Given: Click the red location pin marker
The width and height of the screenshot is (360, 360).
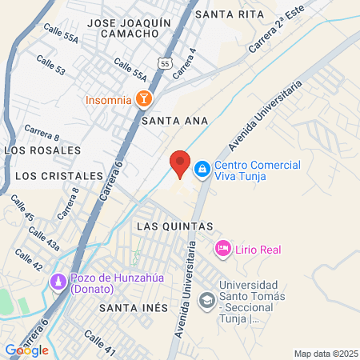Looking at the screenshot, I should click(x=180, y=163).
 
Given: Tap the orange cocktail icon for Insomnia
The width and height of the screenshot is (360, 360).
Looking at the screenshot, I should click(x=143, y=99).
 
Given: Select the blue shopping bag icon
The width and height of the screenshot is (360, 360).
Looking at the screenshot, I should click(x=202, y=168).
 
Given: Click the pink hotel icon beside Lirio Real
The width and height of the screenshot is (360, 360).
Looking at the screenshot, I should click(x=223, y=250).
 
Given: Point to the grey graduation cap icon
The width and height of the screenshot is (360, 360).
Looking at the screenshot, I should click(x=206, y=299).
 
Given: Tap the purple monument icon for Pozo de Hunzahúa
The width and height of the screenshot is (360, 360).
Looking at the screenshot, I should click(x=58, y=282).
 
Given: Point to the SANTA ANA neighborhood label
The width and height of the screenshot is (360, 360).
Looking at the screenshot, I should click(x=174, y=121).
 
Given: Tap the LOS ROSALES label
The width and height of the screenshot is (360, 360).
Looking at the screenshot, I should click(x=43, y=150).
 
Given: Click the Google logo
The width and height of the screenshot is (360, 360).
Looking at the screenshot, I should click(x=26, y=350).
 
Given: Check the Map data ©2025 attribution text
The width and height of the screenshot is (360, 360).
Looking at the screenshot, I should click(x=326, y=354).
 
